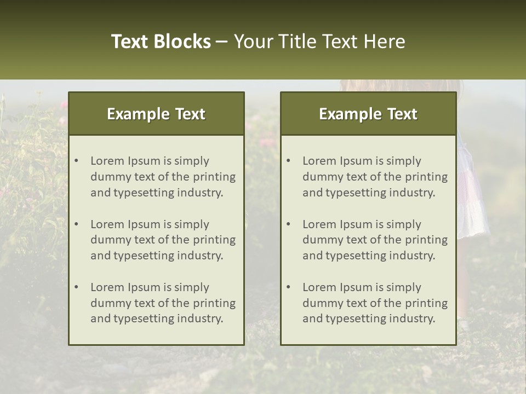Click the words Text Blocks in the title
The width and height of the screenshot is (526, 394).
[x=161, y=42]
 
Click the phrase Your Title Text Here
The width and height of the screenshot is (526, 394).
[x=319, y=42]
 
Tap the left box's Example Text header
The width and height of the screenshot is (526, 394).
[x=156, y=114]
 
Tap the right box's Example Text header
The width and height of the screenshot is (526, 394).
[x=368, y=114]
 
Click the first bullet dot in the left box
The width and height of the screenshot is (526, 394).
[x=77, y=161]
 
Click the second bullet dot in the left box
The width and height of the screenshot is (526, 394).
[x=77, y=224]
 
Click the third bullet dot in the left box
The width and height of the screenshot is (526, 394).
[x=77, y=287]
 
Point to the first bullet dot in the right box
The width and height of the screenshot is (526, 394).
[x=289, y=161]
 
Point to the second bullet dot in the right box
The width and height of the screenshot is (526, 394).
[x=289, y=224]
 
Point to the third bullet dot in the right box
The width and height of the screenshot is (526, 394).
[x=289, y=287]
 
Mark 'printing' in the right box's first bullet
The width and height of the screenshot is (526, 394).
[x=427, y=177]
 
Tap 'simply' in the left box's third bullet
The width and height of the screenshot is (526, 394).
[x=192, y=287]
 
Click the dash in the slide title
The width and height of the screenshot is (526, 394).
[x=222, y=42]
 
